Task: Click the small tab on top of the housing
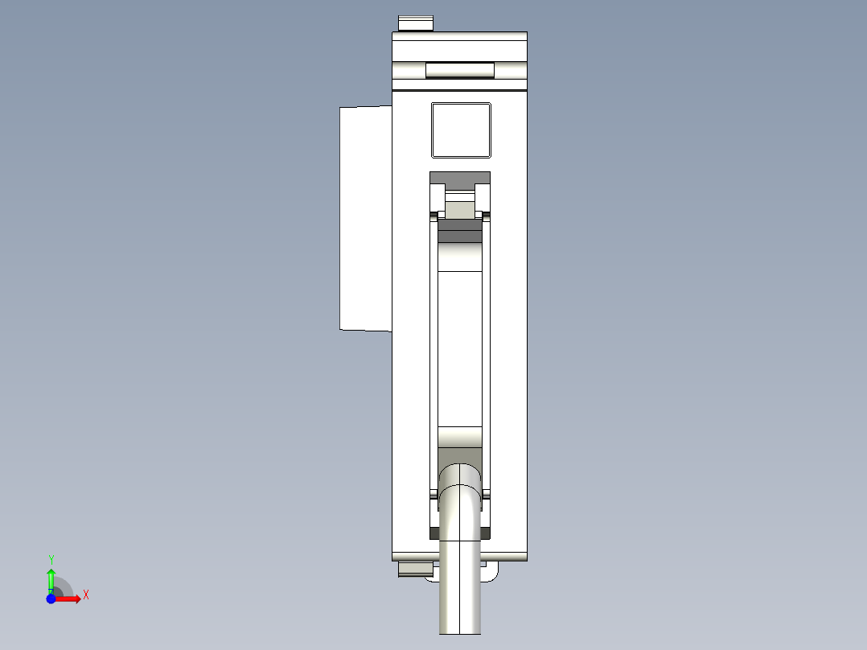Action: click(x=416, y=23)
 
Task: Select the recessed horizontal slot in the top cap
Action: click(x=459, y=70)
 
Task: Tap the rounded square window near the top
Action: click(x=461, y=130)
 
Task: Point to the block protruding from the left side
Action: click(x=364, y=218)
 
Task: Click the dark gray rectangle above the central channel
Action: click(x=460, y=177)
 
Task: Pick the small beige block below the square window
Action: click(x=460, y=210)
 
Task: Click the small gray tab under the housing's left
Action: click(x=414, y=570)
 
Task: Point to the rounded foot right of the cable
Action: click(x=488, y=572)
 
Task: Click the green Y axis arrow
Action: click(x=51, y=578)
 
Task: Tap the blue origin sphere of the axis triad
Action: click(x=51, y=599)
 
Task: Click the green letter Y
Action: click(x=51, y=559)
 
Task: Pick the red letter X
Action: click(x=86, y=595)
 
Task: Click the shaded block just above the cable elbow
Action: click(x=460, y=438)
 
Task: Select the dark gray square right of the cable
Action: click(x=485, y=533)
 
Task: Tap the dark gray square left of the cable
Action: click(x=435, y=533)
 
